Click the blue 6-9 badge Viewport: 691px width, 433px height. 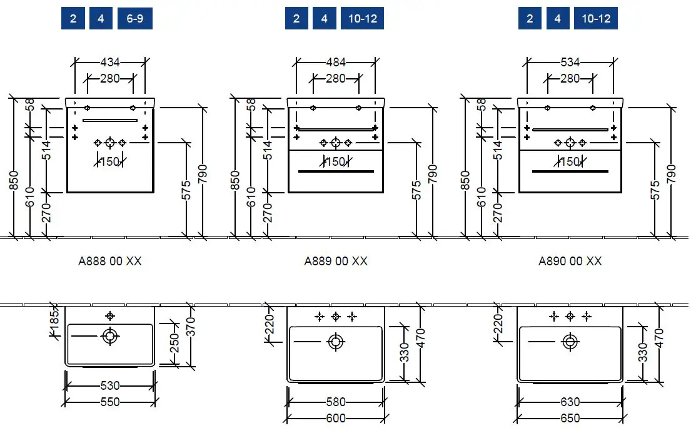[x=134, y=19]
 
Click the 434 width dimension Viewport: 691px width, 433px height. [x=110, y=62]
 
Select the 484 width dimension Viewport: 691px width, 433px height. [x=336, y=62]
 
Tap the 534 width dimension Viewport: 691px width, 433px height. [x=570, y=62]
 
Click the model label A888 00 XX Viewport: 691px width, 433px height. [x=110, y=261]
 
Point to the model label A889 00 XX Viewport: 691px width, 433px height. [x=336, y=261]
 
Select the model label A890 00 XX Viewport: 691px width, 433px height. [x=570, y=261]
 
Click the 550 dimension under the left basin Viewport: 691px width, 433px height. [x=110, y=402]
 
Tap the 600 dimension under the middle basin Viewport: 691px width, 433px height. [x=336, y=418]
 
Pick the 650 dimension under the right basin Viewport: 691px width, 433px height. [x=570, y=418]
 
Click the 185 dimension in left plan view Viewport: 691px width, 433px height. [x=54, y=321]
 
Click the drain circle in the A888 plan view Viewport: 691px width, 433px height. [x=110, y=337]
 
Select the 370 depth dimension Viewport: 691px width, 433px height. [x=191, y=327]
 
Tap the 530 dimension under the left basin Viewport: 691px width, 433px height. [x=110, y=386]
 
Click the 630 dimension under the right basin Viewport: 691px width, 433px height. [x=570, y=402]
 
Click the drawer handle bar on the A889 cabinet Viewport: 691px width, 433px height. [x=336, y=171]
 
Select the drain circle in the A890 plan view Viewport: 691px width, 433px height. [x=570, y=342]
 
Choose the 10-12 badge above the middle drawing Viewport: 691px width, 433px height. [x=363, y=19]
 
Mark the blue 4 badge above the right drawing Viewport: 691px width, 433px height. [x=557, y=19]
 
